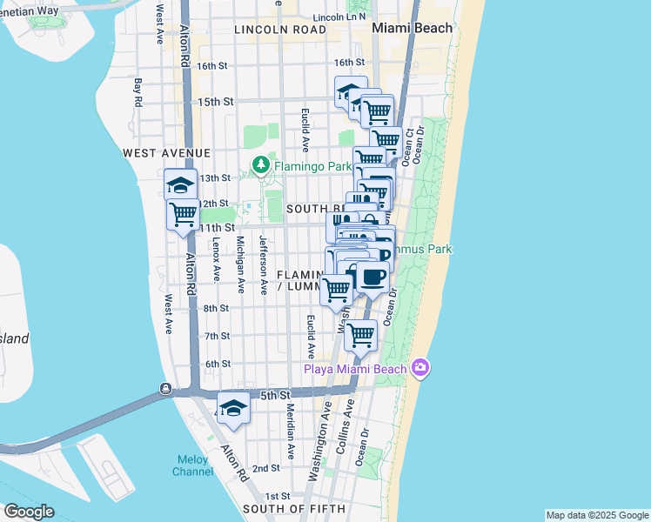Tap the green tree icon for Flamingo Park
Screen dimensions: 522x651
click(260, 164)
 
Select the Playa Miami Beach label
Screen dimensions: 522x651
click(354, 369)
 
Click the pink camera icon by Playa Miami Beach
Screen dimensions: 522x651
click(421, 368)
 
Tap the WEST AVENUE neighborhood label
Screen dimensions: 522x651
click(167, 153)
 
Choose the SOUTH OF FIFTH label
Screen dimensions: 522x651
click(293, 508)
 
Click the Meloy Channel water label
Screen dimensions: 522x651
click(192, 465)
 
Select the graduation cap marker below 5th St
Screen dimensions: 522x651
click(233, 408)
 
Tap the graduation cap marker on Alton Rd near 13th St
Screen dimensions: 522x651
click(181, 184)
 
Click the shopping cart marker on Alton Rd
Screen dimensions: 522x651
click(184, 214)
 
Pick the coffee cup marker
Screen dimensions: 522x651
click(372, 278)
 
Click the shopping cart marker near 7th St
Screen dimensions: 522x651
click(360, 334)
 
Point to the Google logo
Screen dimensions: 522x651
click(29, 512)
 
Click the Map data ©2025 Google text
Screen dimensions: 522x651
click(596, 515)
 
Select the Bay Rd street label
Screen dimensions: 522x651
click(138, 92)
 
